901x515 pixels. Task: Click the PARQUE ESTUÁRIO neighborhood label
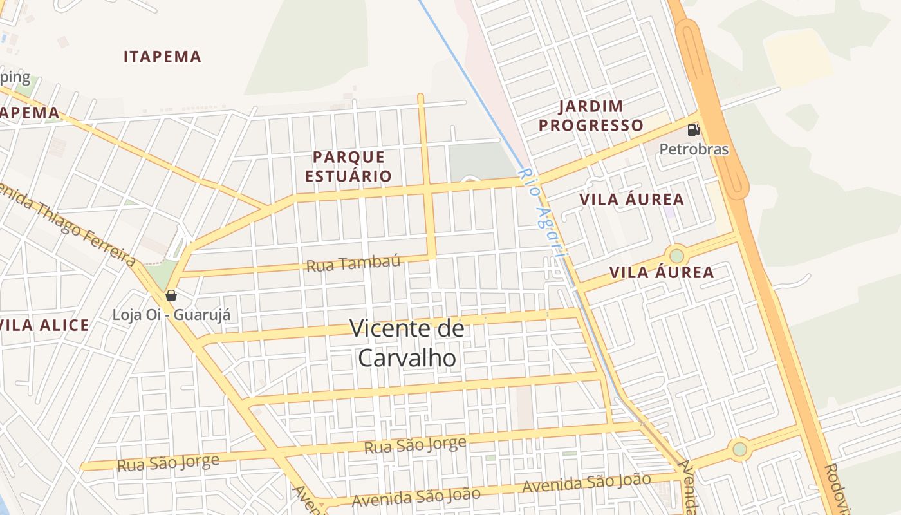click(x=348, y=166)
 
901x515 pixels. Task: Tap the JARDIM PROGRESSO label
click(x=591, y=116)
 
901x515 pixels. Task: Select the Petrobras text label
click(x=694, y=149)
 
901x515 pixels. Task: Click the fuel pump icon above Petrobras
click(x=693, y=130)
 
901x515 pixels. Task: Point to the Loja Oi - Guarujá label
click(x=171, y=315)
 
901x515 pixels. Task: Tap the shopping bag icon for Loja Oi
click(x=171, y=295)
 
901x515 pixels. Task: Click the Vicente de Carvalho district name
click(x=407, y=343)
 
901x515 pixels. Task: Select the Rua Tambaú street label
click(x=353, y=263)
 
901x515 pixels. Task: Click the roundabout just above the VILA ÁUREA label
click(x=676, y=256)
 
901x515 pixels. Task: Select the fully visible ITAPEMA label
click(x=162, y=57)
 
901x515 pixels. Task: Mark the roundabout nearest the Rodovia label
click(x=740, y=449)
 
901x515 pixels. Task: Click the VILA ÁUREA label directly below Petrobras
click(x=631, y=200)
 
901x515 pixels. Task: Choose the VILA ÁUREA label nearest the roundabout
click(x=662, y=272)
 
